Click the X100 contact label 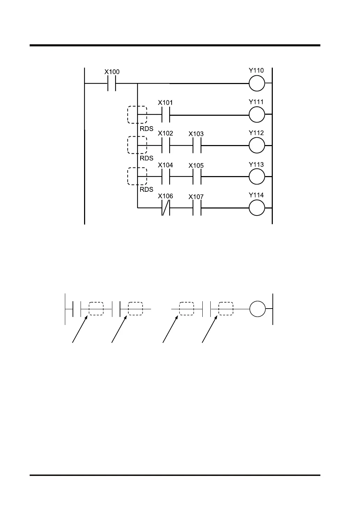coord(112,72)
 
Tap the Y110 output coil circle coord(257,84)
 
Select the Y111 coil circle coord(257,114)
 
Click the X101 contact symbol coord(166,115)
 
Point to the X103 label coord(196,134)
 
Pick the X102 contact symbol coord(166,145)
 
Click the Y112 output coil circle coord(257,145)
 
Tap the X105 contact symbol coord(197,177)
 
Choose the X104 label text coord(165,165)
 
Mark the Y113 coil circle coord(257,177)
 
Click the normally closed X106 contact coord(166,208)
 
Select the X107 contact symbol coord(197,208)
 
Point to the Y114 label coord(256,195)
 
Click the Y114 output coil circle coord(257,208)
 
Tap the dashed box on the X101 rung coord(137,115)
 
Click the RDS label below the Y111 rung coord(147,129)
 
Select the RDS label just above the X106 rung coord(147,190)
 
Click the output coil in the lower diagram coord(257,309)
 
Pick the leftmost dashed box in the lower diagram coord(96,309)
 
